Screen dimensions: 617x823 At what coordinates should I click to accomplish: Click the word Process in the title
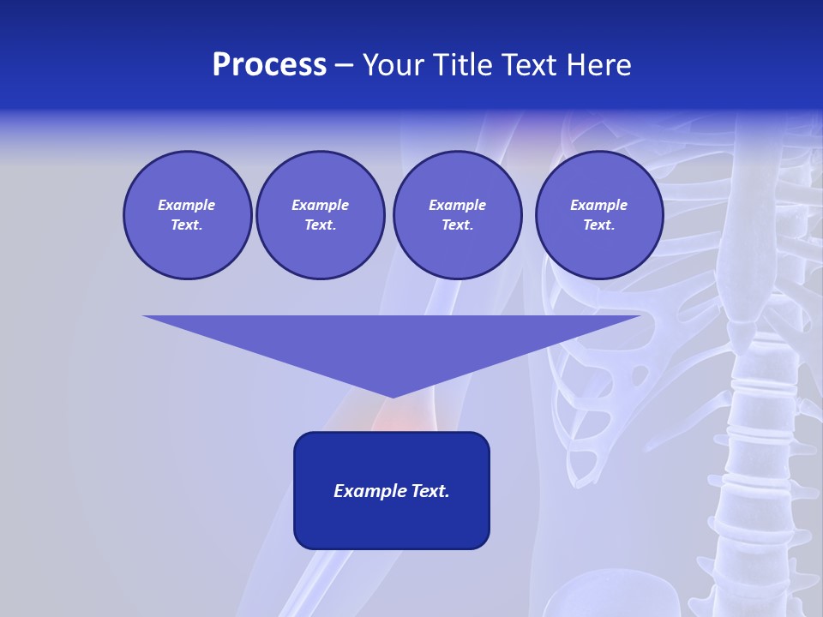tap(269, 65)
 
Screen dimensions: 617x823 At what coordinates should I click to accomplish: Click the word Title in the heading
tap(462, 65)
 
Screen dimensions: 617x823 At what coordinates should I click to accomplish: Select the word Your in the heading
tap(393, 65)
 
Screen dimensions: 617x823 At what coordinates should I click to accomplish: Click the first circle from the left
tap(188, 215)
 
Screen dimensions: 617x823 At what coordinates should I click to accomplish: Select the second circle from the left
tap(321, 215)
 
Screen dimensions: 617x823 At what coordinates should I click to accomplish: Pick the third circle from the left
tap(457, 215)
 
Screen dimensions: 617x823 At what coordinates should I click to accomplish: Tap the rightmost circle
tap(599, 215)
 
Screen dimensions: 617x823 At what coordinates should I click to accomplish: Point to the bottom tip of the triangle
tap(392, 396)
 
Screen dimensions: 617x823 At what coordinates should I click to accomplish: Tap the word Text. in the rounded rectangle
tap(430, 491)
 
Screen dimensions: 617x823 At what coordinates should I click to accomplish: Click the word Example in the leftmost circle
tap(187, 205)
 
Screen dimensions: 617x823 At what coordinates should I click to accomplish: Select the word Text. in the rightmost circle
tap(599, 225)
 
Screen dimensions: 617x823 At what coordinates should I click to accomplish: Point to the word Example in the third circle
tap(457, 205)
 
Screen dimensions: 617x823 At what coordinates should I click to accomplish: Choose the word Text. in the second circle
tap(321, 225)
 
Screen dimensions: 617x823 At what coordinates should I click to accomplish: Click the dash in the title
tap(344, 66)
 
